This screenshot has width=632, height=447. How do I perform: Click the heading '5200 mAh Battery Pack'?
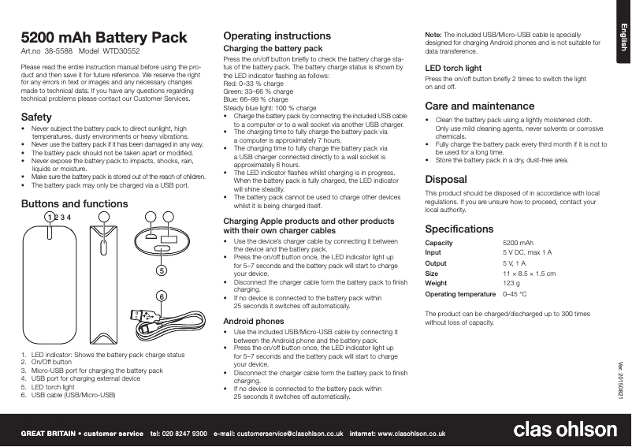click(104, 38)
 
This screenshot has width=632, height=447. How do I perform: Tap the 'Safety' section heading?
click(37, 117)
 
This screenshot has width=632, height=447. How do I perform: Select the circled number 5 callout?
click(162, 270)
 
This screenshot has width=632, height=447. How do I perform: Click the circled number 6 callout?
click(162, 296)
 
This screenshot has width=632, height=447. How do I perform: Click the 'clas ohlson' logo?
click(565, 429)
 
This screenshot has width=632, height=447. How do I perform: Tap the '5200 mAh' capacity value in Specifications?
click(518, 243)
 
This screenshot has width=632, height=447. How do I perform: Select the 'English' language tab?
click(621, 38)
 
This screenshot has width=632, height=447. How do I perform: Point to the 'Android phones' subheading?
click(254, 322)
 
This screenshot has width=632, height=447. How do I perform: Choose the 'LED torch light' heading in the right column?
click(453, 69)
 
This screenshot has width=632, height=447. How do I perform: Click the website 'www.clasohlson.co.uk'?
click(414, 434)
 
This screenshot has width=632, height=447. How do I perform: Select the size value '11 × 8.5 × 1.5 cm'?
click(529, 273)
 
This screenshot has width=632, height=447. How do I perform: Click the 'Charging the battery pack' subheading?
click(273, 49)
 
